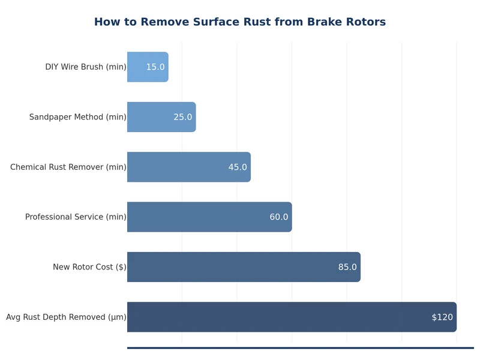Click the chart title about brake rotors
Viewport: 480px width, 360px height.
coord(240,22)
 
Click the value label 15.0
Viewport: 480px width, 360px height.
coord(155,67)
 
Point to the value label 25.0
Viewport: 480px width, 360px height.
coord(183,117)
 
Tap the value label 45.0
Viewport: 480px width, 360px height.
coord(238,167)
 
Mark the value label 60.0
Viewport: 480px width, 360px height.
coord(279,217)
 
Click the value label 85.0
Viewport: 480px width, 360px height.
coord(347,267)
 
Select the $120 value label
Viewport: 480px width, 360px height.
coord(442,317)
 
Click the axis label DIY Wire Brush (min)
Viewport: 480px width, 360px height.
coord(86,67)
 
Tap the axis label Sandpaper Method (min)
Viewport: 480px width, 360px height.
coord(78,117)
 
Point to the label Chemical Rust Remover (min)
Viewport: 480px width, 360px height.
coord(68,167)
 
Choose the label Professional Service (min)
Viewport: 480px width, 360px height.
coord(76,217)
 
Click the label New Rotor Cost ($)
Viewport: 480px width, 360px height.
coord(89,267)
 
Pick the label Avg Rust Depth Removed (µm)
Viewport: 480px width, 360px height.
coord(66,317)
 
